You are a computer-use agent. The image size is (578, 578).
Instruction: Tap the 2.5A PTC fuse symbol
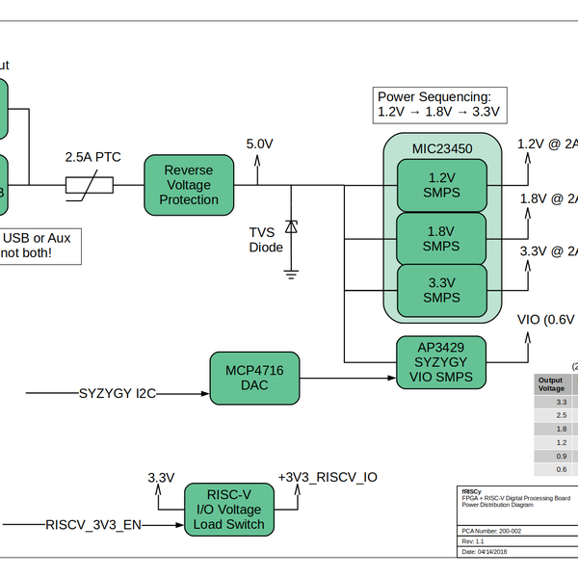point(90,185)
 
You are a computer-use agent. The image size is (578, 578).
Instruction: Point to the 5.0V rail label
point(259,144)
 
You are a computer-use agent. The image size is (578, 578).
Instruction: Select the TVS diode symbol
point(291,227)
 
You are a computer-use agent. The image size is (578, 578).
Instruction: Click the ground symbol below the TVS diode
point(291,274)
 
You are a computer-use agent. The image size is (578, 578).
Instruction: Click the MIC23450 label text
point(442,148)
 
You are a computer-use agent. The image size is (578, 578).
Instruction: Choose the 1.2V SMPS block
point(442,185)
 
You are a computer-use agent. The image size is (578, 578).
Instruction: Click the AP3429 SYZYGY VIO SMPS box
point(442,362)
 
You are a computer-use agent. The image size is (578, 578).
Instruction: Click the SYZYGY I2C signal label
point(118,393)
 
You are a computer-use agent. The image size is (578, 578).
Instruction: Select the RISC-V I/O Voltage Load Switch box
point(228,509)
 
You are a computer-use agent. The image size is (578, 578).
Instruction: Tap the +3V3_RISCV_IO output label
point(327,477)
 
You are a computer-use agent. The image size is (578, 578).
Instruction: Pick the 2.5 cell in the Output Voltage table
point(561,414)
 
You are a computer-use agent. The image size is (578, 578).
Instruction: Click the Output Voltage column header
point(551,385)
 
